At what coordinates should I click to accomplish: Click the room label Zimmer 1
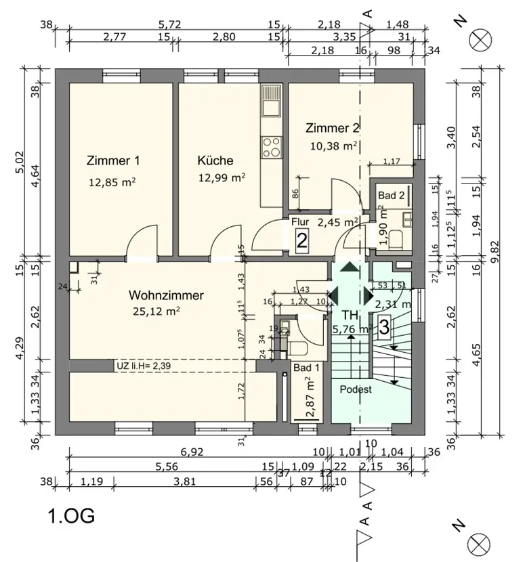click(113, 161)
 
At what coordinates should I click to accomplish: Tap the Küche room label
click(215, 161)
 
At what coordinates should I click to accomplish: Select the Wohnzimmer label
click(166, 295)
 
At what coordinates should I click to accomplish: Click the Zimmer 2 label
click(332, 128)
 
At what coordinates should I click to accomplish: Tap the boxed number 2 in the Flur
click(302, 239)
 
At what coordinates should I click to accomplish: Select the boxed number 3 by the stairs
click(383, 328)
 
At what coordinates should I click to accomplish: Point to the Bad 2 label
click(392, 196)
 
